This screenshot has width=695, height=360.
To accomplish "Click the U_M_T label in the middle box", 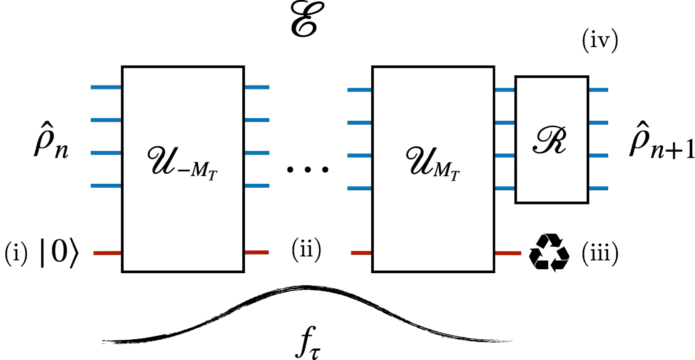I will pyautogui.click(x=432, y=163).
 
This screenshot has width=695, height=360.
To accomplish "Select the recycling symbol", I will pyautogui.click(x=549, y=253).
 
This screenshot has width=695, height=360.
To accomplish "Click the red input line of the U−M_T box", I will pyautogui.click(x=107, y=253).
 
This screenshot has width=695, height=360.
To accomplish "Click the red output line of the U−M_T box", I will pyautogui.click(x=257, y=252).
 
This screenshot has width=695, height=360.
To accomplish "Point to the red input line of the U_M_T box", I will pyautogui.click(x=361, y=253).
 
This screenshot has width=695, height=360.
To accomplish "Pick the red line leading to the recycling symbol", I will pyautogui.click(x=508, y=253).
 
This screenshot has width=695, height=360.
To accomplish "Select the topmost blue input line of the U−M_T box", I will pyautogui.click(x=106, y=87).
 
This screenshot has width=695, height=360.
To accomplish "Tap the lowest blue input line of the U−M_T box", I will pyautogui.click(x=106, y=186).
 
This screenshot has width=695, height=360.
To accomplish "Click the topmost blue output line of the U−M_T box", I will pyautogui.click(x=257, y=87).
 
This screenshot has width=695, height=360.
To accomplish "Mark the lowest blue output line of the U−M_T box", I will pyautogui.click(x=257, y=186).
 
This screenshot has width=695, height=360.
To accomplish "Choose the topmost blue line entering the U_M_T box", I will pyautogui.click(x=359, y=90).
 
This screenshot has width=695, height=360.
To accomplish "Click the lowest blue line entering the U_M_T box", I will pyautogui.click(x=359, y=189).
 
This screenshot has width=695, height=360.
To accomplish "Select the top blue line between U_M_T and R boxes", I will pyautogui.click(x=505, y=90).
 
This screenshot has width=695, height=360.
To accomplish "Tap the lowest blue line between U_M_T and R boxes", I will pyautogui.click(x=505, y=189).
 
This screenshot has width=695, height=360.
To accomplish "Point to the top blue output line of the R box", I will pyautogui.click(x=599, y=90).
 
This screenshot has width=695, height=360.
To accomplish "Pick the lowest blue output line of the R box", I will pyautogui.click(x=599, y=189).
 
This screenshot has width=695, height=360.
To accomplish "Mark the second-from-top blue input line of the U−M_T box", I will pyautogui.click(x=106, y=120).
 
